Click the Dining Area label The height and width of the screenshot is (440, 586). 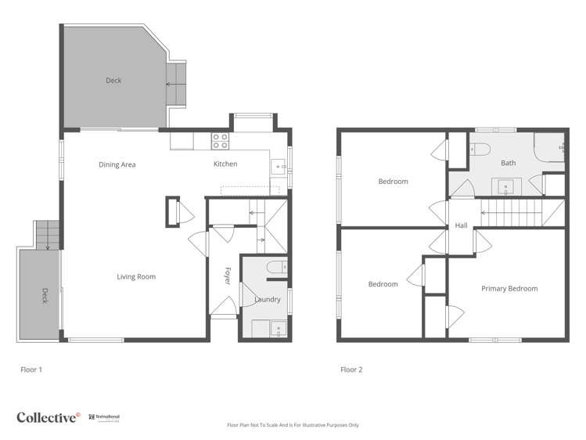pyautogui.click(x=117, y=164)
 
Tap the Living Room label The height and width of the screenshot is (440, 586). pyautogui.click(x=136, y=276)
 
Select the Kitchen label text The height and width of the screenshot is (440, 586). pyautogui.click(x=225, y=164)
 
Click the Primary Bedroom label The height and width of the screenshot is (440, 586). pyautogui.click(x=509, y=288)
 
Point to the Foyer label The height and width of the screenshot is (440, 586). pyautogui.click(x=228, y=276)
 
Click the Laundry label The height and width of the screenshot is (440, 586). pyautogui.click(x=268, y=299)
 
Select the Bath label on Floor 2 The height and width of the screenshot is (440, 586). pyautogui.click(x=509, y=163)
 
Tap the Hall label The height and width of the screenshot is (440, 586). pyautogui.click(x=461, y=225)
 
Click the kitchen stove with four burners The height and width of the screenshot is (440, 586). pyautogui.click(x=221, y=141)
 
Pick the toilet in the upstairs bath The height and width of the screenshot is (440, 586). pyautogui.click(x=479, y=149)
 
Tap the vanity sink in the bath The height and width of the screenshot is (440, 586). pyautogui.click(x=505, y=186)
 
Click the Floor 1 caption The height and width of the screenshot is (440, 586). pyautogui.click(x=31, y=369)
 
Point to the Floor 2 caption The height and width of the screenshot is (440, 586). pyautogui.click(x=351, y=369)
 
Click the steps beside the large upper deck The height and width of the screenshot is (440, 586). pyautogui.click(x=176, y=83)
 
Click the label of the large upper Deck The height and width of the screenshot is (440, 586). pyautogui.click(x=113, y=81)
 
